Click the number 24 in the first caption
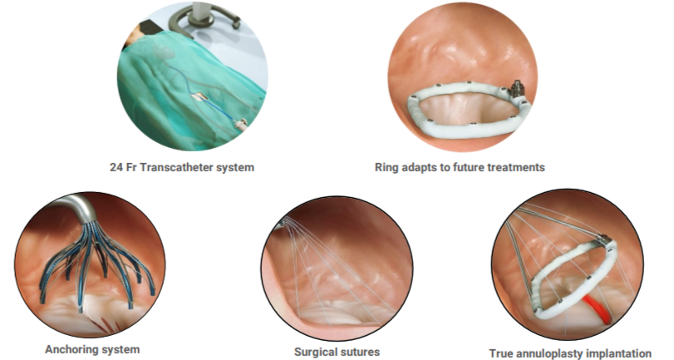tap(116, 167)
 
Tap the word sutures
tap(360, 353)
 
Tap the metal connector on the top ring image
tap(516, 88)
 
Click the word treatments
tap(517, 167)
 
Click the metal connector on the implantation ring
tap(604, 239)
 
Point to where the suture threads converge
tap(283, 222)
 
